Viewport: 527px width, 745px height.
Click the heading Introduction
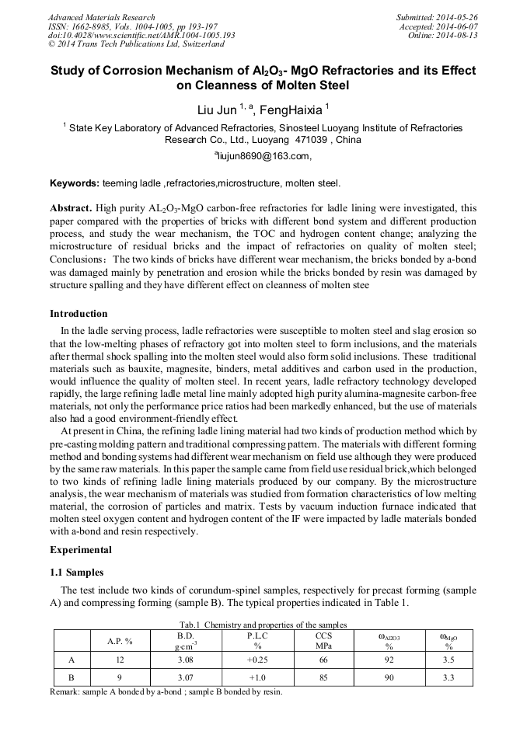click(x=79, y=314)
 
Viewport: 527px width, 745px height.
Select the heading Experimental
click(x=81, y=550)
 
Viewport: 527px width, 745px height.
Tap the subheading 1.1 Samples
click(x=77, y=572)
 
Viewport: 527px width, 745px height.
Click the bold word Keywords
click(x=74, y=183)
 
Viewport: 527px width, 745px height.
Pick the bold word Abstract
click(x=72, y=208)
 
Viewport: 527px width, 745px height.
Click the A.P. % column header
click(x=120, y=642)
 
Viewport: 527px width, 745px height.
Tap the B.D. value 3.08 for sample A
click(x=184, y=660)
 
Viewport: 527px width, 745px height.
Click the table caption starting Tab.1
click(x=263, y=625)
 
